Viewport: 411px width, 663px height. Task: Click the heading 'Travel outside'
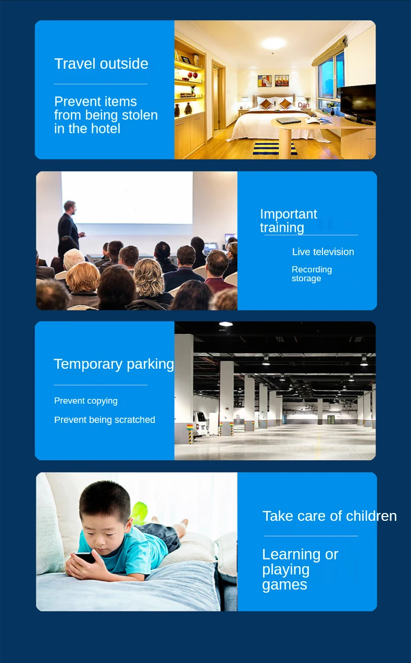[101, 64]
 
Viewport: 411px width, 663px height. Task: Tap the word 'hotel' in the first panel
[105, 129]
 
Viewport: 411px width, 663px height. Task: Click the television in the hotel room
[358, 104]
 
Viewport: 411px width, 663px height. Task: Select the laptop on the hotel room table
[289, 120]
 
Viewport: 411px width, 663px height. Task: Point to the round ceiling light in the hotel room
[273, 43]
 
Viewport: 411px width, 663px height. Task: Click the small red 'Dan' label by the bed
[304, 105]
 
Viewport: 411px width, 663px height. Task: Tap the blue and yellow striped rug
[275, 148]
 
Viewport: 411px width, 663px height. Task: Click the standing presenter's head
[70, 207]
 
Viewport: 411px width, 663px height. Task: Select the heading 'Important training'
[289, 220]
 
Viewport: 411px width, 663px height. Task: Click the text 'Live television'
[323, 252]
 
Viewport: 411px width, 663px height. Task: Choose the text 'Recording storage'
[312, 274]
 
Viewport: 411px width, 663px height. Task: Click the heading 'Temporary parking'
[114, 364]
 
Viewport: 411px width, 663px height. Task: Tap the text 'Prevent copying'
[86, 401]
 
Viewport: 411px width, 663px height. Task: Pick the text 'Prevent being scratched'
[105, 420]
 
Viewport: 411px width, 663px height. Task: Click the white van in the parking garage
[200, 423]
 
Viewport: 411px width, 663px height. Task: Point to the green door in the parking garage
[331, 419]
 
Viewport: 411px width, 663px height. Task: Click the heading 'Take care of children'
[330, 516]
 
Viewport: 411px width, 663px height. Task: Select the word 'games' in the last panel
[284, 585]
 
